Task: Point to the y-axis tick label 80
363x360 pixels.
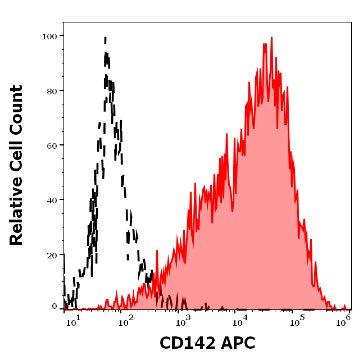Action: [x=52, y=90]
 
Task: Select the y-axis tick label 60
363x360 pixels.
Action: [x=52, y=145]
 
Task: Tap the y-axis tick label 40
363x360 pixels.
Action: [x=52, y=199]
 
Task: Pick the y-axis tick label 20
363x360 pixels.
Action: [x=52, y=254]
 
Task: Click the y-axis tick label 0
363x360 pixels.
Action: [x=55, y=307]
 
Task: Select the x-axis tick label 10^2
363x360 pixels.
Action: [x=129, y=321]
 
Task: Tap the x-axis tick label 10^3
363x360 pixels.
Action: [x=184, y=321]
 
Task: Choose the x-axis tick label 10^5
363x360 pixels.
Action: [x=294, y=321]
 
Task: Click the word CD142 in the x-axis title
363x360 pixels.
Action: [x=184, y=343]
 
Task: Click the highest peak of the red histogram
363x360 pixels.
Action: [x=271, y=38]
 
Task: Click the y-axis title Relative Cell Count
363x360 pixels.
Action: [x=16, y=165]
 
